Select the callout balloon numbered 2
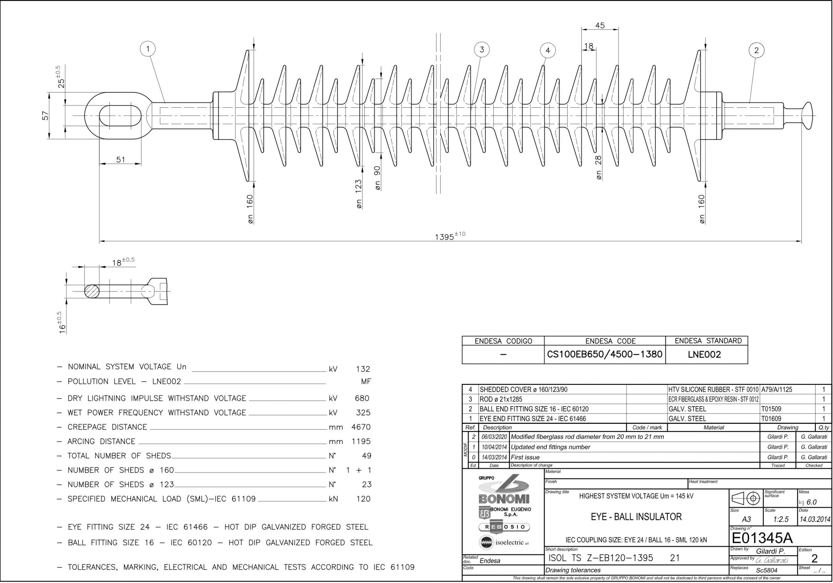click(x=757, y=50)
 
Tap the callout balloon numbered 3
click(x=482, y=50)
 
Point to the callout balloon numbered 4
click(x=548, y=50)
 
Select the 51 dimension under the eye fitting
click(x=121, y=160)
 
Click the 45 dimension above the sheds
click(x=600, y=25)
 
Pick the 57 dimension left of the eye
click(x=45, y=116)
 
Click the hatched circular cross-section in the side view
click(x=92, y=291)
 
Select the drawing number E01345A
click(x=762, y=538)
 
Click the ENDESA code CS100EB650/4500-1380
click(x=605, y=354)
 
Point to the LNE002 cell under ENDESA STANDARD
click(x=704, y=354)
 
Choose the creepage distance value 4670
click(x=361, y=427)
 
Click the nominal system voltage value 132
click(x=363, y=369)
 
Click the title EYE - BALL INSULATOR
click(x=636, y=517)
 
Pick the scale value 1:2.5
click(x=781, y=519)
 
